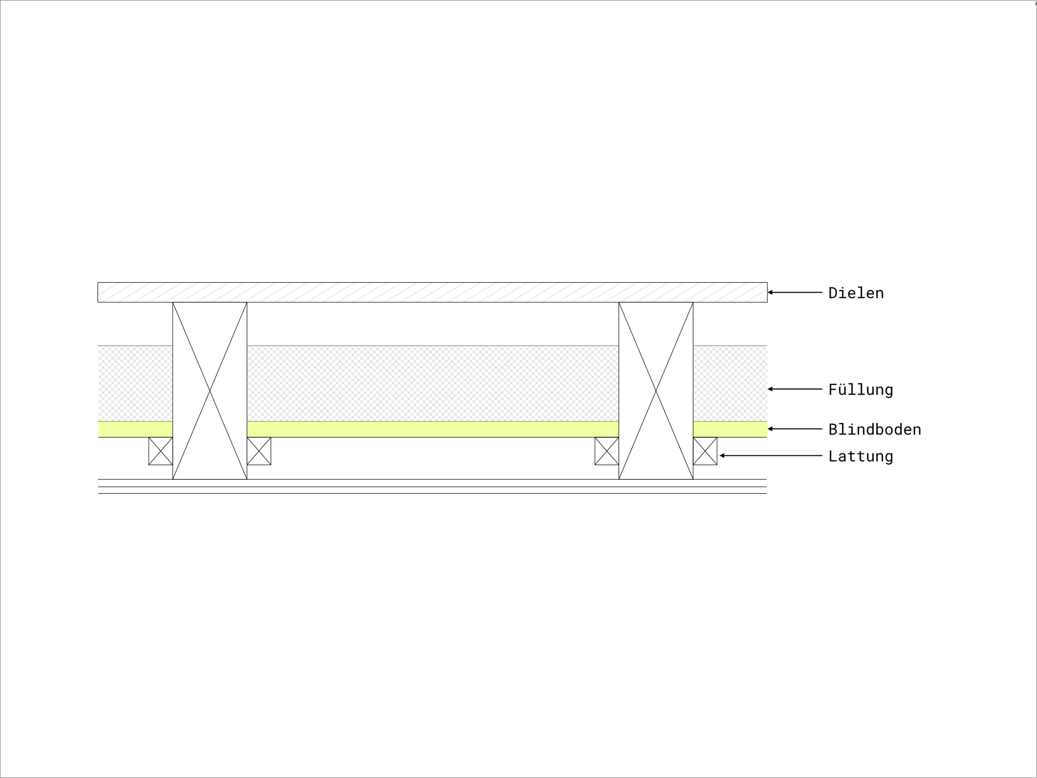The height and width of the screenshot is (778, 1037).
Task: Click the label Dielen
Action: [856, 293]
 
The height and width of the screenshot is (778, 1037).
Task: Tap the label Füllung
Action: [861, 390]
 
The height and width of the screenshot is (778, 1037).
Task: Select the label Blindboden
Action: [875, 429]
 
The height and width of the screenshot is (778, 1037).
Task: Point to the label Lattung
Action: [861, 456]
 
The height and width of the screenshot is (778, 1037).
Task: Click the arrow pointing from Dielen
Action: [795, 293]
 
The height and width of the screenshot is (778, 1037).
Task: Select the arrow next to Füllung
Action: [795, 389]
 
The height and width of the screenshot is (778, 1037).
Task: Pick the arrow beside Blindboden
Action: [795, 429]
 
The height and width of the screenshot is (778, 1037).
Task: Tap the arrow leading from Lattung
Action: [771, 456]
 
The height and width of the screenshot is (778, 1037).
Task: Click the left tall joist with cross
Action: [209, 391]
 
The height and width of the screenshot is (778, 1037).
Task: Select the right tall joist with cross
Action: [656, 391]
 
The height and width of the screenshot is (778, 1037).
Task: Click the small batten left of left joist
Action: [161, 451]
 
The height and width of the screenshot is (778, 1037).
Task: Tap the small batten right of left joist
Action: [259, 451]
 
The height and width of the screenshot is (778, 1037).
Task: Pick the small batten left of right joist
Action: [607, 451]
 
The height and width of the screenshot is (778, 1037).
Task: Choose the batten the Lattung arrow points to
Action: [705, 451]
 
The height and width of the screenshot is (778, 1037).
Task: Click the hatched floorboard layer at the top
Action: [432, 293]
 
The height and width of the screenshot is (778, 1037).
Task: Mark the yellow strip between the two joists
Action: [433, 429]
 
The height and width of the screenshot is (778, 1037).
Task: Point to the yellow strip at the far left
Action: [135, 429]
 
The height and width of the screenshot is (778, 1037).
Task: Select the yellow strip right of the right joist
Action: [730, 429]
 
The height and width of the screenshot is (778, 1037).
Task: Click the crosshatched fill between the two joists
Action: [433, 384]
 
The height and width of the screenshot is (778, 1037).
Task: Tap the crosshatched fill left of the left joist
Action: [135, 384]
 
